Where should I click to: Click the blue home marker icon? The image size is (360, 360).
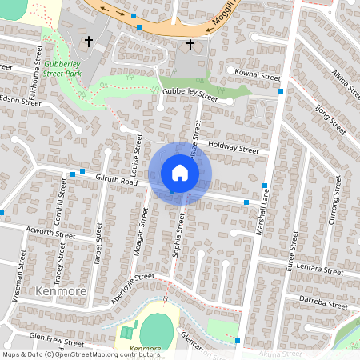tap(180, 172)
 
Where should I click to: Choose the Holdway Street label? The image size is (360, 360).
tap(233, 148)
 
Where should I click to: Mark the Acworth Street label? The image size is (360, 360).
tap(50, 233)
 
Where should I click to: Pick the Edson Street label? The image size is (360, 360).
tap(20, 102)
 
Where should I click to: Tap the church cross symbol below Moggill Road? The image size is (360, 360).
tap(190, 45)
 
